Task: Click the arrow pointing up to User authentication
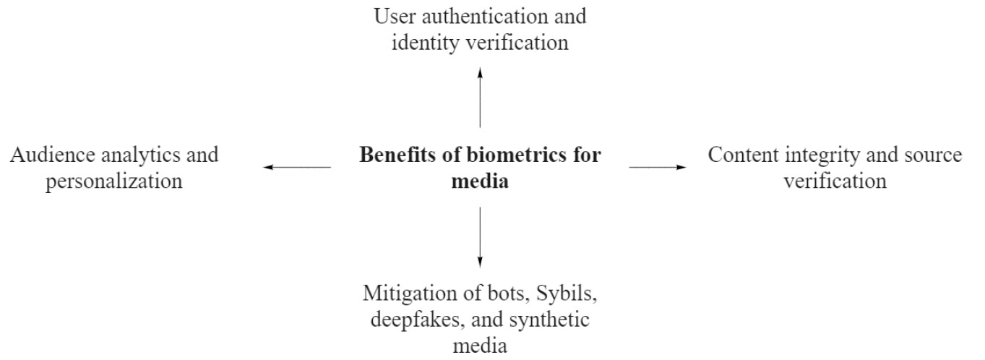click(480, 96)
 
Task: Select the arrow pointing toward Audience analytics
click(297, 167)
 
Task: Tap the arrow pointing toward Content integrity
click(657, 167)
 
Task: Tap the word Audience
click(51, 155)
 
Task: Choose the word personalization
click(113, 181)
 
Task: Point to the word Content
click(739, 155)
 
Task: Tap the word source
click(932, 155)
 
